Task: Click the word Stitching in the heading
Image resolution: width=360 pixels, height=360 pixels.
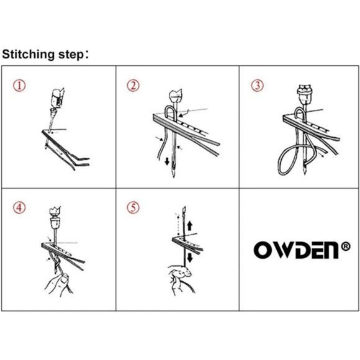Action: (28, 55)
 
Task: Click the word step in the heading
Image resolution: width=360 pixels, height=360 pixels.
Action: (71, 55)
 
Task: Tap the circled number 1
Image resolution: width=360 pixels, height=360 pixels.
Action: (19, 86)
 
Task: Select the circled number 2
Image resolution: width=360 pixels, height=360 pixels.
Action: (133, 86)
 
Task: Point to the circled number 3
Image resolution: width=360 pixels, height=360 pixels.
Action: (257, 86)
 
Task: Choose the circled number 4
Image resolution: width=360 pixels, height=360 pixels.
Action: (19, 208)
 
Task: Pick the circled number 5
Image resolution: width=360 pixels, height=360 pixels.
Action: (133, 208)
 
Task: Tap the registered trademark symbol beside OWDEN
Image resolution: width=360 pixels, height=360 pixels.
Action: (346, 246)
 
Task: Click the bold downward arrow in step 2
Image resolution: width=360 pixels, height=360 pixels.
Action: (167, 161)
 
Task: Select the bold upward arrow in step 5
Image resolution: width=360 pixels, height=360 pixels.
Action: (189, 226)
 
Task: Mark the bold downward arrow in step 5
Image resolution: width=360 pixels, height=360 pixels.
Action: (190, 258)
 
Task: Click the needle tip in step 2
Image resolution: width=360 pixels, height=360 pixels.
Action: (174, 176)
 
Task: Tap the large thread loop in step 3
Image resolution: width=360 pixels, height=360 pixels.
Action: (288, 161)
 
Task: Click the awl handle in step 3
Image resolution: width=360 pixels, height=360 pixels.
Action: (305, 94)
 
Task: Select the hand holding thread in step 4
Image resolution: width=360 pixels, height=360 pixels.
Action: (59, 284)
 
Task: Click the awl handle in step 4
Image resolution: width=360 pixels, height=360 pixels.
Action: (55, 218)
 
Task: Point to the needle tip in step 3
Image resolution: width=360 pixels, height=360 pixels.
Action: (304, 173)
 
